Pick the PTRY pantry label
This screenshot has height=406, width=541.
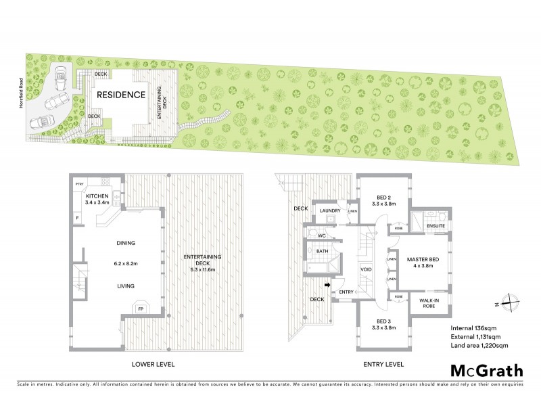click(x=80, y=183)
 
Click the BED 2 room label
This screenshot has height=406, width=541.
click(x=384, y=198)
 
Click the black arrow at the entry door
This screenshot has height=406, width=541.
click(x=327, y=286)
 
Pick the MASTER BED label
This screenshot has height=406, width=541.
click(x=425, y=258)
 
